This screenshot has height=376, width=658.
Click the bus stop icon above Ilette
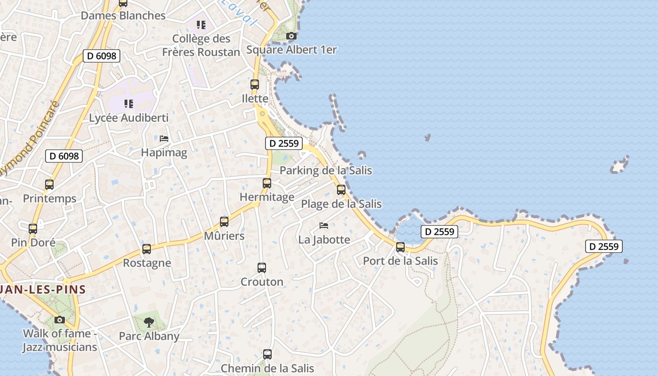pos(254,85)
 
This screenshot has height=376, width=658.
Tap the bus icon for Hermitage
pos(267,183)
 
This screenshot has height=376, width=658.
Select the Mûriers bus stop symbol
pos(224,221)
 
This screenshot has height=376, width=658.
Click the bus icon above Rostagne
pos(147,249)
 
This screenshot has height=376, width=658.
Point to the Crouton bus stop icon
pos(262,268)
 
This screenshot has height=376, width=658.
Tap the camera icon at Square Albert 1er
pos(291,36)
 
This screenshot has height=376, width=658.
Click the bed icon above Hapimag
pos(164,139)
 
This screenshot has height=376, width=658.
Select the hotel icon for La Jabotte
pos(324,226)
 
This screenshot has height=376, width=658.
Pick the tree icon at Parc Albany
pos(149,322)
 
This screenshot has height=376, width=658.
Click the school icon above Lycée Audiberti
pos(129,103)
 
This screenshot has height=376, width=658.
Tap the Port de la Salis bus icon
pos(400,247)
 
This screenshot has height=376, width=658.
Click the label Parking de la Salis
pos(326,170)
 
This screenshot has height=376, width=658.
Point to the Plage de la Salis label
pos(341,204)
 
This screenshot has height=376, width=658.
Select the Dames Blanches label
pos(123,16)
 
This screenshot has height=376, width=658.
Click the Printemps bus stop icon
pos(49,185)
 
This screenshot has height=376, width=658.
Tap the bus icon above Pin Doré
pos(33,229)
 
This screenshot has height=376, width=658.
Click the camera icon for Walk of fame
pos(60,320)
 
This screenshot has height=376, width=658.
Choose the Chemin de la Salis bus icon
pos(267,354)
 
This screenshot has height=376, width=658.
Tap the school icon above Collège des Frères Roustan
pos(201,24)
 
